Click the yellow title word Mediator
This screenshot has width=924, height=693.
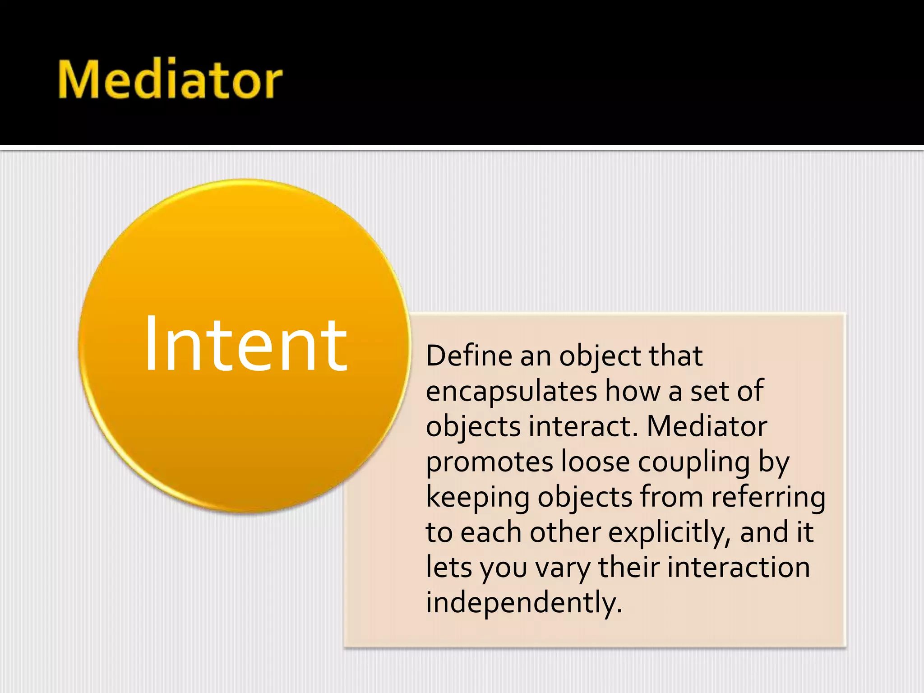coord(170,80)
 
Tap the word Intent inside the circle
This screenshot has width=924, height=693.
coord(246,345)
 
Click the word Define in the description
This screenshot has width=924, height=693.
coord(469,356)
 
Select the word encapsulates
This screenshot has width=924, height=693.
coord(511,392)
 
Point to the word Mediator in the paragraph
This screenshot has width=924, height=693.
coord(707,426)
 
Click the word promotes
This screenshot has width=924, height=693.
coord(489,462)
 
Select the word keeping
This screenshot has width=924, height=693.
coord(477,498)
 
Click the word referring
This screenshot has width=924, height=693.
coord(768,498)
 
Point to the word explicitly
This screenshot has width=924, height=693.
coord(670,533)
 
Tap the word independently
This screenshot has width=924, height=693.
coord(523,603)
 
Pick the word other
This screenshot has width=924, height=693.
coord(565,532)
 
